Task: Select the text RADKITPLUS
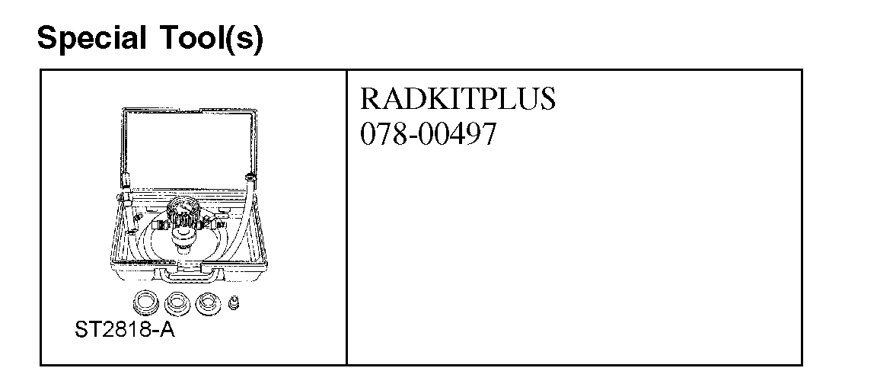(457, 100)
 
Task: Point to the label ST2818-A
(124, 331)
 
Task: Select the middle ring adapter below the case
(177, 303)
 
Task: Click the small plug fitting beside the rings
(234, 303)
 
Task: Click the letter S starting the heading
(46, 38)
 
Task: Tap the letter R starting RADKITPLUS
(368, 100)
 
